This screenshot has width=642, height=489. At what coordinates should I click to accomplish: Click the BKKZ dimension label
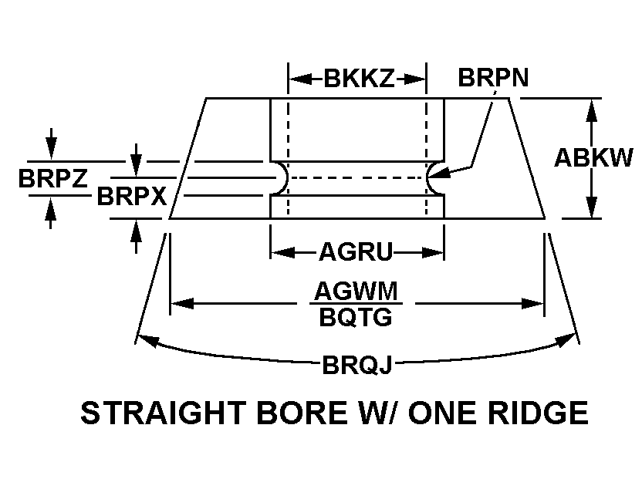(x=358, y=78)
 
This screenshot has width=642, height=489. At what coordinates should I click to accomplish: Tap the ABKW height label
(x=593, y=157)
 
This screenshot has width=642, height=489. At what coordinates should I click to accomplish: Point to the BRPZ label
(x=52, y=178)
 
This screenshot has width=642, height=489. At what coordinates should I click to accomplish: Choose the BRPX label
(x=131, y=197)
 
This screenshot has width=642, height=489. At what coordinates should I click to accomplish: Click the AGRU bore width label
(x=356, y=251)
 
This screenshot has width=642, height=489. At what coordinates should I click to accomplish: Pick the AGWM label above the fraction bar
(x=356, y=292)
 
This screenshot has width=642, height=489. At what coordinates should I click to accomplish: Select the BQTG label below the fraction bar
(x=356, y=316)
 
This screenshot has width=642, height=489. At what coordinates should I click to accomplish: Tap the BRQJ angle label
(x=356, y=364)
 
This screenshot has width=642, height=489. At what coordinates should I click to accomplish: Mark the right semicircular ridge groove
(x=434, y=177)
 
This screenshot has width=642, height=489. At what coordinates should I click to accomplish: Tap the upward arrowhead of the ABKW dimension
(x=592, y=108)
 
